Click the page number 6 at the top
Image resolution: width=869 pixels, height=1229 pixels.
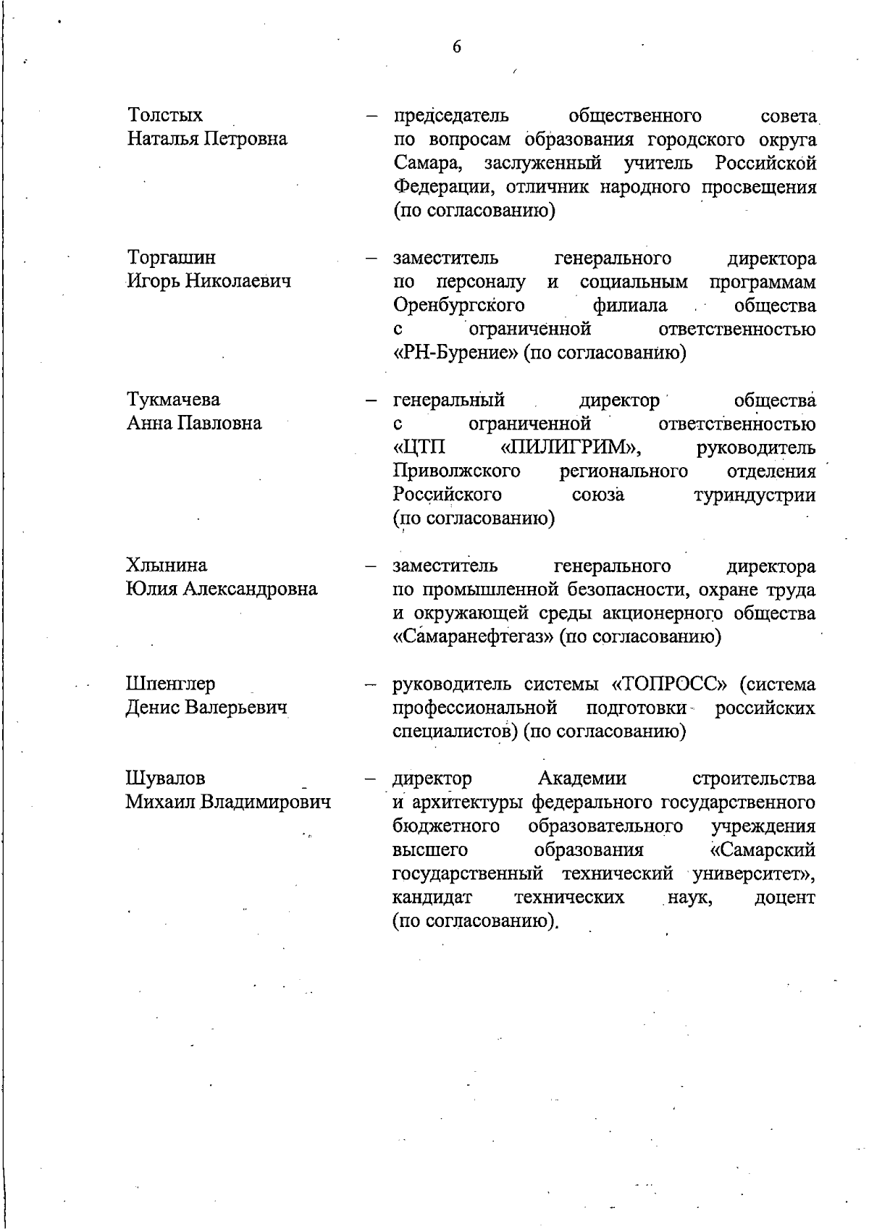[456, 47]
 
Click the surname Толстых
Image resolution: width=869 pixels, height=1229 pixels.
[165, 115]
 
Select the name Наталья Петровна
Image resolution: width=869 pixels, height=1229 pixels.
[207, 138]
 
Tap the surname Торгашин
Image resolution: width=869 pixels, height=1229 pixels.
[171, 258]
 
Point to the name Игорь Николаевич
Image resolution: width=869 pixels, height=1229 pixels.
[209, 281]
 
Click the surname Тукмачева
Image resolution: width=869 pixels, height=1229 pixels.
[174, 400]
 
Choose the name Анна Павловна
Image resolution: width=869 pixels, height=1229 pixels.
[194, 423]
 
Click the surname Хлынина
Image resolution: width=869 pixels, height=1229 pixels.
[166, 565]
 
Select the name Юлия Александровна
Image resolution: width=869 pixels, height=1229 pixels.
[222, 589]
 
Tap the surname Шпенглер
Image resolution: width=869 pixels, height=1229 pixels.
[170, 684]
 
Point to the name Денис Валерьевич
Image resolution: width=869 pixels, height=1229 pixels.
[207, 707]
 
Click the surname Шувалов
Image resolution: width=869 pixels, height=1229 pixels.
[166, 779]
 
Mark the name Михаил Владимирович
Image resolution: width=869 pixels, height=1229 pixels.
[228, 802]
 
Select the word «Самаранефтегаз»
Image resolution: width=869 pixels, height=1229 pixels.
[475, 637]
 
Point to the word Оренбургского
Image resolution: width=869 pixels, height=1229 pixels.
[459, 305]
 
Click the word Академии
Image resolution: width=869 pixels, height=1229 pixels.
[582, 779]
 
